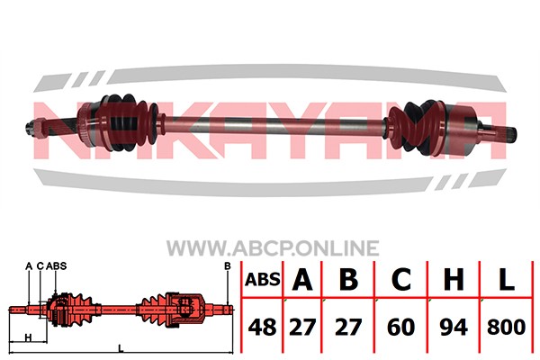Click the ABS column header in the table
263,280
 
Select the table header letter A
302,279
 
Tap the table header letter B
348,279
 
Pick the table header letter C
400,279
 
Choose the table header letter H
454,279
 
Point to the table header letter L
506,279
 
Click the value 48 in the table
262,327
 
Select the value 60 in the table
400,327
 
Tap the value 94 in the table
454,327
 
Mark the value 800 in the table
506,327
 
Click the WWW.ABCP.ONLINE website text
273,248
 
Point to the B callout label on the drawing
228,266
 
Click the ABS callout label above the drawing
56,266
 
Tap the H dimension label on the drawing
29,337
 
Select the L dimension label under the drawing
121,348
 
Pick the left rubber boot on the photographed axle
130,122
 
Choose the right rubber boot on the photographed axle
415,127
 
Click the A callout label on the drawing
29,266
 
